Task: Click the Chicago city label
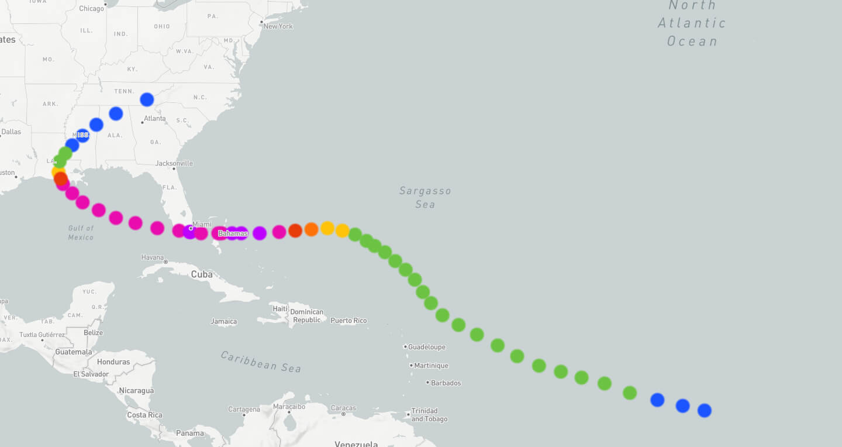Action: click(x=91, y=8)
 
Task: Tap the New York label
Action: click(x=278, y=26)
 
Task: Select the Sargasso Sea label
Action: click(x=425, y=197)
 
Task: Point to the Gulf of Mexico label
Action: click(x=81, y=232)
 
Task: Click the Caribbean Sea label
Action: click(x=261, y=362)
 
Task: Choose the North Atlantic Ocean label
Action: click(x=692, y=23)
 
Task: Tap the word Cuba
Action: click(x=202, y=274)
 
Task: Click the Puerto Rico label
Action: click(x=348, y=321)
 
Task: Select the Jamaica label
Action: click(x=224, y=321)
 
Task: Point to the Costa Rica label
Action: click(x=145, y=415)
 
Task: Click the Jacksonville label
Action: click(x=174, y=163)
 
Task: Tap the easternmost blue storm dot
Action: click(x=705, y=410)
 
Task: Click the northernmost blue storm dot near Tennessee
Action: click(x=147, y=99)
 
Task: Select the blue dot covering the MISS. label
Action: click(x=82, y=136)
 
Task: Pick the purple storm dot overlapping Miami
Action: click(x=190, y=232)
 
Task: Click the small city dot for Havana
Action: click(x=165, y=262)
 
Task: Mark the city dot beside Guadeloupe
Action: click(x=405, y=346)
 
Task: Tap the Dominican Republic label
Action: click(x=307, y=316)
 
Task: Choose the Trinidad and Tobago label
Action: click(x=429, y=415)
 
